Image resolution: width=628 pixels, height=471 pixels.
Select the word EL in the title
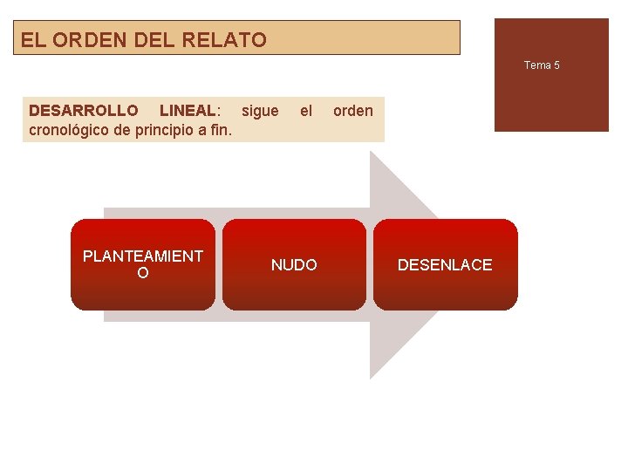click(31, 39)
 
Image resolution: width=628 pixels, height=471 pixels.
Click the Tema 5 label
click(542, 65)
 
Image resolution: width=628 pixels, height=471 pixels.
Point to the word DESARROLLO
click(84, 111)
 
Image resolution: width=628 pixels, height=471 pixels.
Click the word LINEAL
click(188, 111)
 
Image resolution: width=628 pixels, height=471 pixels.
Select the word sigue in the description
click(260, 111)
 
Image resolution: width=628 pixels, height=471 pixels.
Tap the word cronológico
click(69, 131)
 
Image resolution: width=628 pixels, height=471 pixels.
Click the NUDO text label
click(294, 265)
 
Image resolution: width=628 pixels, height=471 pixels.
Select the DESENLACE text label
click(445, 265)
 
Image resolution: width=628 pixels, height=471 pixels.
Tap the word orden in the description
click(353, 111)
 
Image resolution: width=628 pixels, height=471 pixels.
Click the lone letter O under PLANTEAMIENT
click(143, 274)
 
